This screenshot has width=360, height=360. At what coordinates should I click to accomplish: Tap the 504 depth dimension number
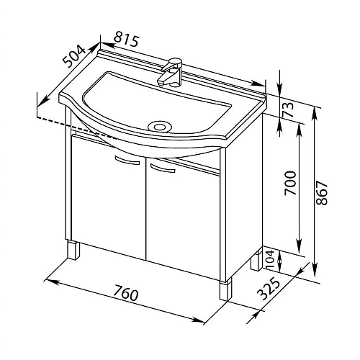[x=74, y=56]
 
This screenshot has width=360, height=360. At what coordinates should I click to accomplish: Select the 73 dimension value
[x=288, y=109]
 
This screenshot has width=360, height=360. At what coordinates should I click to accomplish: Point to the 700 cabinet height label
[x=289, y=183]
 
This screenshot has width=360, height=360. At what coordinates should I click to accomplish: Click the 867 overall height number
[x=322, y=194]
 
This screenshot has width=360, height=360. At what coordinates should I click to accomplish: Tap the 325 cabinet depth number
[x=269, y=288]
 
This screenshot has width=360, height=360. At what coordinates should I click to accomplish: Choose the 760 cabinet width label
[x=126, y=292]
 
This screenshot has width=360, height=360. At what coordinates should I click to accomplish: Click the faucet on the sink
[x=171, y=72]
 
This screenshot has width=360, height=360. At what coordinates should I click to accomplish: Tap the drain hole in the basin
[x=160, y=126]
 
